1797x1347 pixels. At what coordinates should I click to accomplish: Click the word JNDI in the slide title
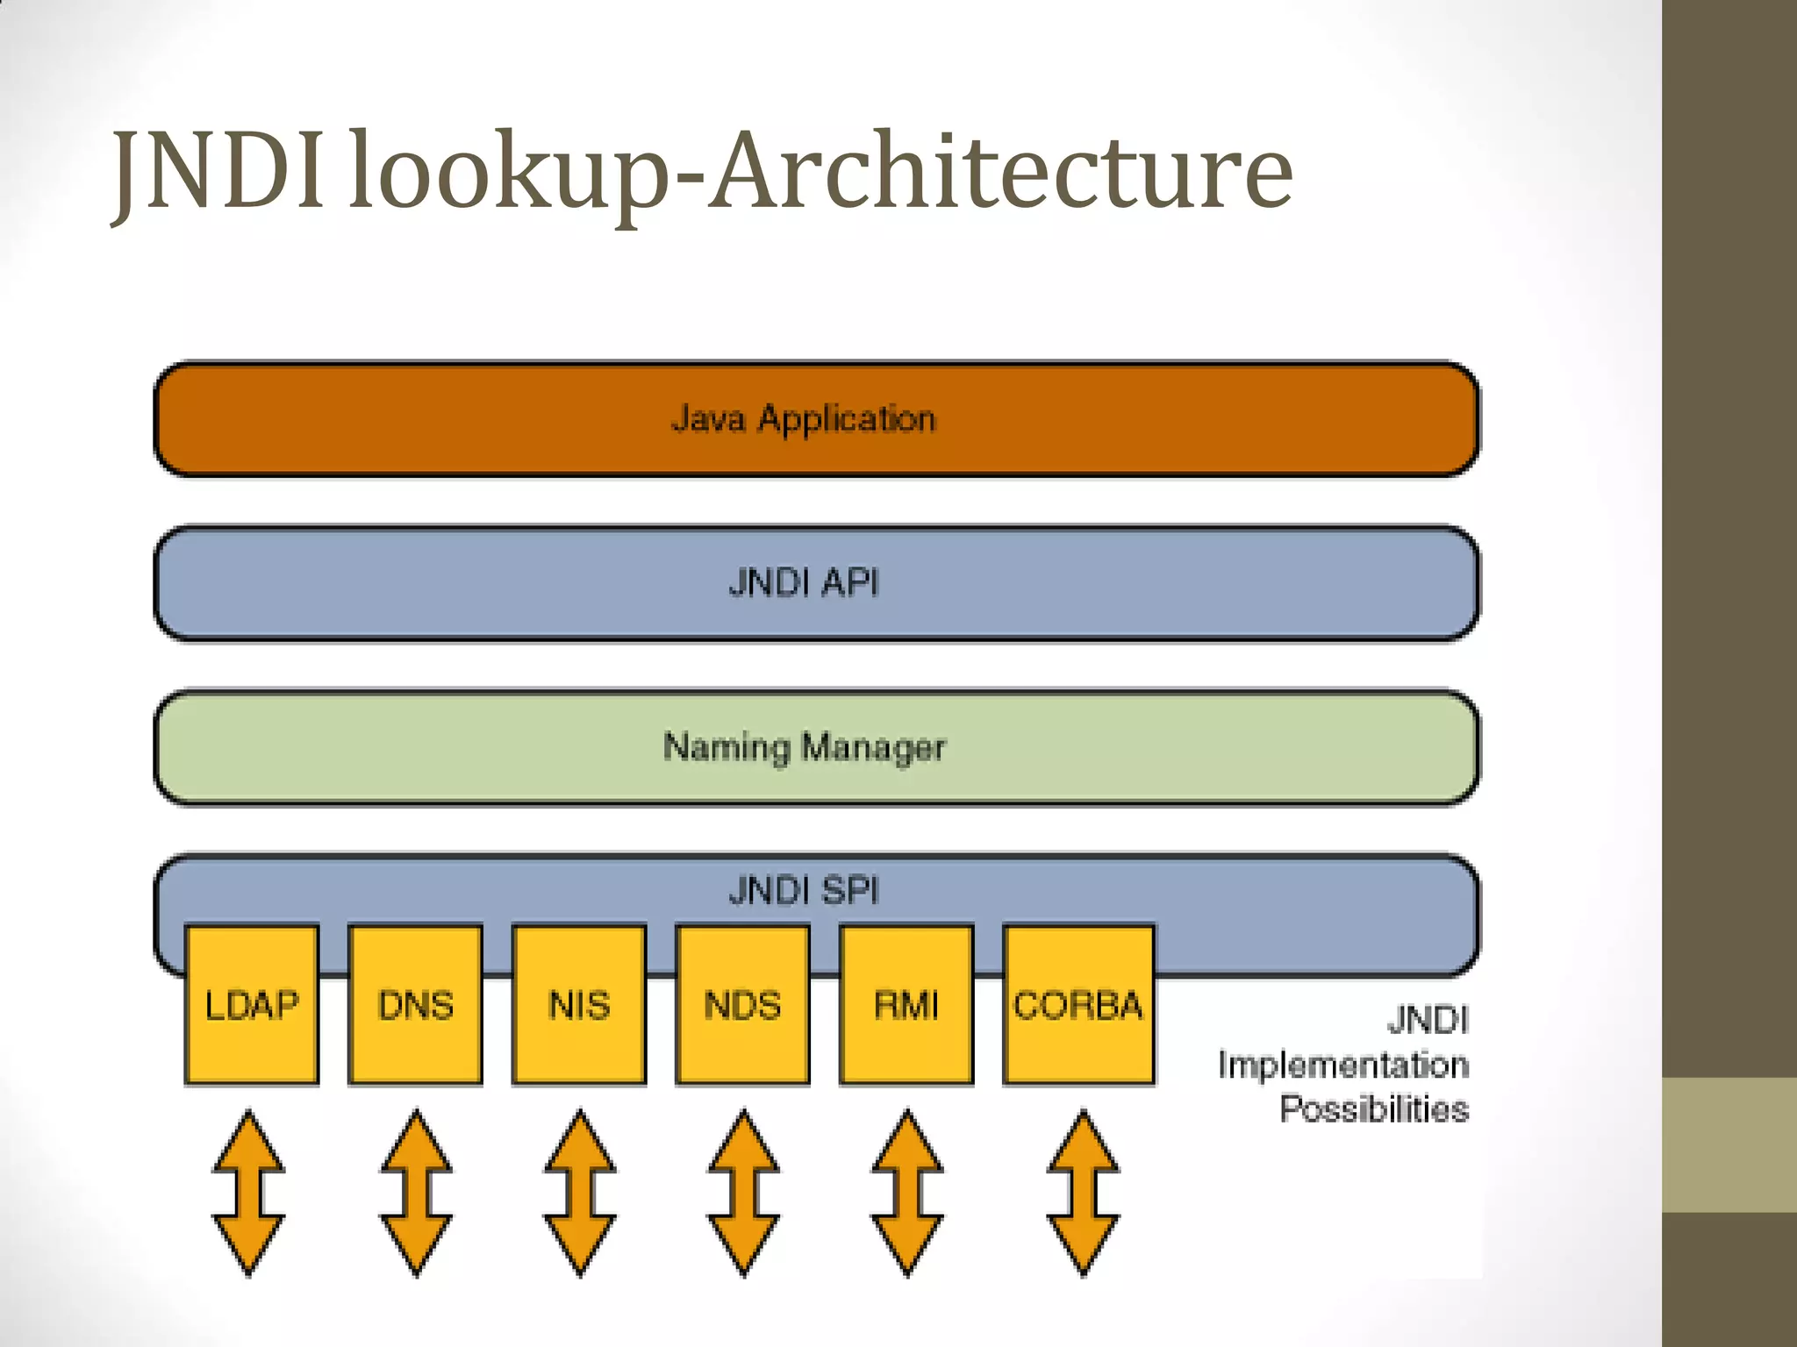[x=219, y=171]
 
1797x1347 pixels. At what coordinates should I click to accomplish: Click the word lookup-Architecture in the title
[x=820, y=171]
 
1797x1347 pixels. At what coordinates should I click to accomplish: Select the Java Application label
[x=804, y=419]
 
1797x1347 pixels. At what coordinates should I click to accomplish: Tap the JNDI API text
[x=804, y=583]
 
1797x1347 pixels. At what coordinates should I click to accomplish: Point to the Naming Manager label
[x=804, y=747]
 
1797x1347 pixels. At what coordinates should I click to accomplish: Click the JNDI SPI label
[x=804, y=891]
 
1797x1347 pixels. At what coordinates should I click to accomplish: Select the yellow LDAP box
[x=252, y=1005]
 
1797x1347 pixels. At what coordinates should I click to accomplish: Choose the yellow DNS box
[x=415, y=1005]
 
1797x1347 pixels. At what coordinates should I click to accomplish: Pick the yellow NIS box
[x=579, y=1005]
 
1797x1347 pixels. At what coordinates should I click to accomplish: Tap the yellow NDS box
[x=742, y=1005]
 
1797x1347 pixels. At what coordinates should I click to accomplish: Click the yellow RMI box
[x=906, y=1005]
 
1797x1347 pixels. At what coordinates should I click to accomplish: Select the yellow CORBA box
[x=1078, y=1005]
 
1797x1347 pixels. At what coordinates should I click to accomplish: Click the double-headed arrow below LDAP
[x=249, y=1193]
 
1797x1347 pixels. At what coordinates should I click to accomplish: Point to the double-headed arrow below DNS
[x=416, y=1193]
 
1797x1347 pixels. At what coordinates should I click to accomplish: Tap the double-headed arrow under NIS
[x=580, y=1193]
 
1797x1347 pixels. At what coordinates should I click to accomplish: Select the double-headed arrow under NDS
[x=743, y=1193]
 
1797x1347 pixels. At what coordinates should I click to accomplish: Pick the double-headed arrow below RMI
[x=907, y=1193]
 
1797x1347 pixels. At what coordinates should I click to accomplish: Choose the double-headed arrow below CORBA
[x=1083, y=1193]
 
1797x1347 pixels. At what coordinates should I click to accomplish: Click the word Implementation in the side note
[x=1342, y=1065]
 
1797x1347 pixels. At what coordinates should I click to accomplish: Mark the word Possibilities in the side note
[x=1373, y=1109]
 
